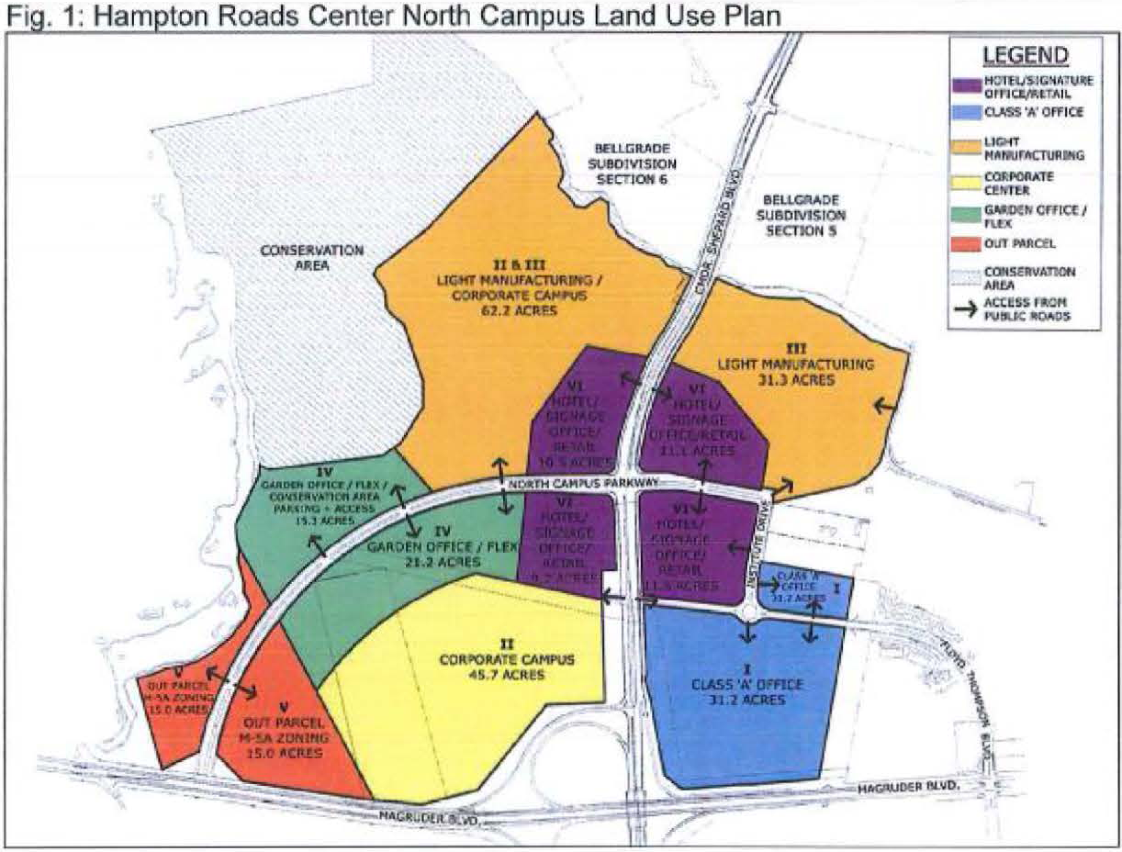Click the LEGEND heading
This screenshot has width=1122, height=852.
pyautogui.click(x=1025, y=55)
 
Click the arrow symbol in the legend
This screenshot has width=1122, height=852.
pyautogui.click(x=966, y=309)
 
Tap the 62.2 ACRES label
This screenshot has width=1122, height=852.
pyautogui.click(x=518, y=311)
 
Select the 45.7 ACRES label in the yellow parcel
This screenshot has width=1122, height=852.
pyautogui.click(x=507, y=675)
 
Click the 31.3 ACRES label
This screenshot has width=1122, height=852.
pyautogui.click(x=796, y=380)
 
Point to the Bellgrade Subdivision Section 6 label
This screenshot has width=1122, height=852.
pyautogui.click(x=632, y=164)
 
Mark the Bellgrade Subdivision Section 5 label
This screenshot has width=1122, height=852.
pyautogui.click(x=801, y=215)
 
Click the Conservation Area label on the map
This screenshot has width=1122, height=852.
pyautogui.click(x=312, y=258)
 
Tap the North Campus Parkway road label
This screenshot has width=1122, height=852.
pyautogui.click(x=583, y=483)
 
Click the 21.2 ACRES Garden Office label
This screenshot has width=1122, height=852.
pyautogui.click(x=442, y=561)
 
